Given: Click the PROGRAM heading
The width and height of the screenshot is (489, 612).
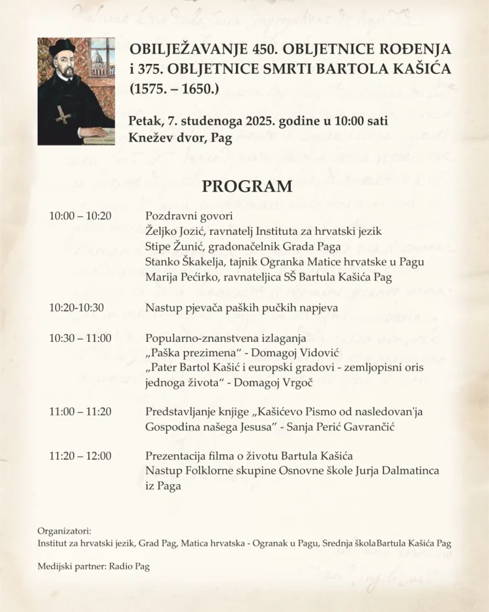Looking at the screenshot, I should [x=247, y=186].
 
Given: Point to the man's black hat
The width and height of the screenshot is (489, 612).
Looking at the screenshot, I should [x=61, y=48].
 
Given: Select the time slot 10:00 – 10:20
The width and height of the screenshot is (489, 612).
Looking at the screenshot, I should [x=80, y=215].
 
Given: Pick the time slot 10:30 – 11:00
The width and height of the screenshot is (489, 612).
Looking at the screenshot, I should [x=80, y=338].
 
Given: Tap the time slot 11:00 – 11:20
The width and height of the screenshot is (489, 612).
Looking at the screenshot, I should [x=80, y=412].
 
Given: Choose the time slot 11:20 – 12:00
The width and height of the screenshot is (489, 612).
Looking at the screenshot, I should [x=80, y=457].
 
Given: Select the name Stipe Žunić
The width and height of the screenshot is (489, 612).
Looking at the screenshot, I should [x=173, y=246].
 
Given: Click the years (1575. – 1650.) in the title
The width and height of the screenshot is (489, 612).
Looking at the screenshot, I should [x=174, y=90].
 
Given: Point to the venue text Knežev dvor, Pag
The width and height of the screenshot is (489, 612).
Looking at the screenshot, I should [x=180, y=137].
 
